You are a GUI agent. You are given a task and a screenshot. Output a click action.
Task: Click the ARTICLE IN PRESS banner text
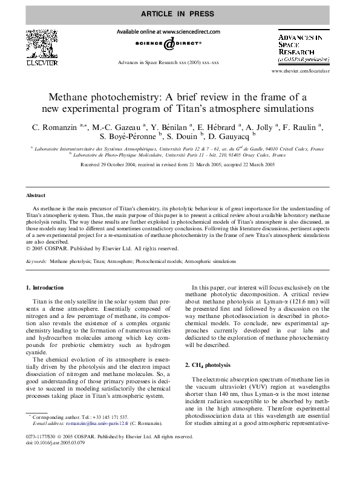point(179,13)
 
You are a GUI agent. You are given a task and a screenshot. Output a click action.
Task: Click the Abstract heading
point(36,196)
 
